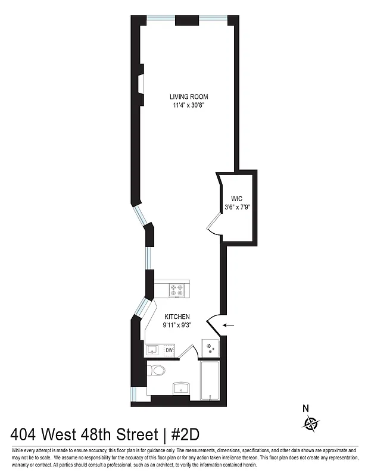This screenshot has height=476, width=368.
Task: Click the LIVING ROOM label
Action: pyautogui.click(x=189, y=96)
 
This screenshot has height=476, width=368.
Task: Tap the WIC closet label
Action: pyautogui.click(x=237, y=198)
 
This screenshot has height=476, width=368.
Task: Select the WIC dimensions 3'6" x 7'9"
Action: pyautogui.click(x=237, y=207)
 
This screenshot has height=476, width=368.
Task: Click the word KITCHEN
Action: pyautogui.click(x=177, y=317)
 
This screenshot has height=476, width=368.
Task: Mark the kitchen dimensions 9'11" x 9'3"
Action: pyautogui.click(x=177, y=325)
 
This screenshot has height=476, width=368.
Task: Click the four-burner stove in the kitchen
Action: pyautogui.click(x=177, y=290)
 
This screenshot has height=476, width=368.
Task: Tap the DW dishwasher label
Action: pyautogui.click(x=170, y=350)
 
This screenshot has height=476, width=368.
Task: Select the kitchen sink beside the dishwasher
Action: pyautogui.click(x=153, y=350)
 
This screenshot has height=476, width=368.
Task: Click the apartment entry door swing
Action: pyautogui.click(x=213, y=325)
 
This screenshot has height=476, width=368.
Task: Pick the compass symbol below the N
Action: pyautogui.click(x=311, y=424)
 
